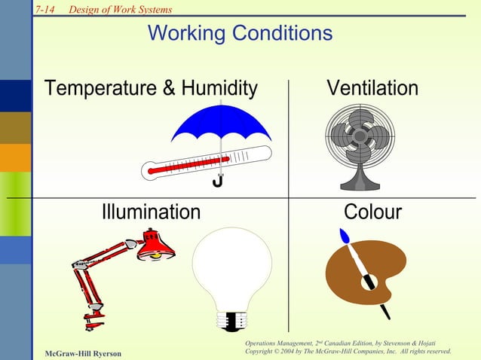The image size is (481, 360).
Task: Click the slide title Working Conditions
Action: point(240,34)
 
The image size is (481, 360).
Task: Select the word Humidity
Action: point(219,89)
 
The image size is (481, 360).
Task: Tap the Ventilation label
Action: point(372,89)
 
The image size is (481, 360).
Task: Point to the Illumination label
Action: point(151,212)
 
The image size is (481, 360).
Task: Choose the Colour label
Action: point(372,212)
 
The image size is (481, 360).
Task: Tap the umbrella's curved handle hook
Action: point(217,182)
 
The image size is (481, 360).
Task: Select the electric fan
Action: point(360,139)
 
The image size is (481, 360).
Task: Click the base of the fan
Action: point(360,183)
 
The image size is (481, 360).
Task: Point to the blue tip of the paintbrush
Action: point(345,236)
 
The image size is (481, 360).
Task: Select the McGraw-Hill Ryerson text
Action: point(82,352)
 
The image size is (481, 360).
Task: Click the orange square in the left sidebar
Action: point(15,157)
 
